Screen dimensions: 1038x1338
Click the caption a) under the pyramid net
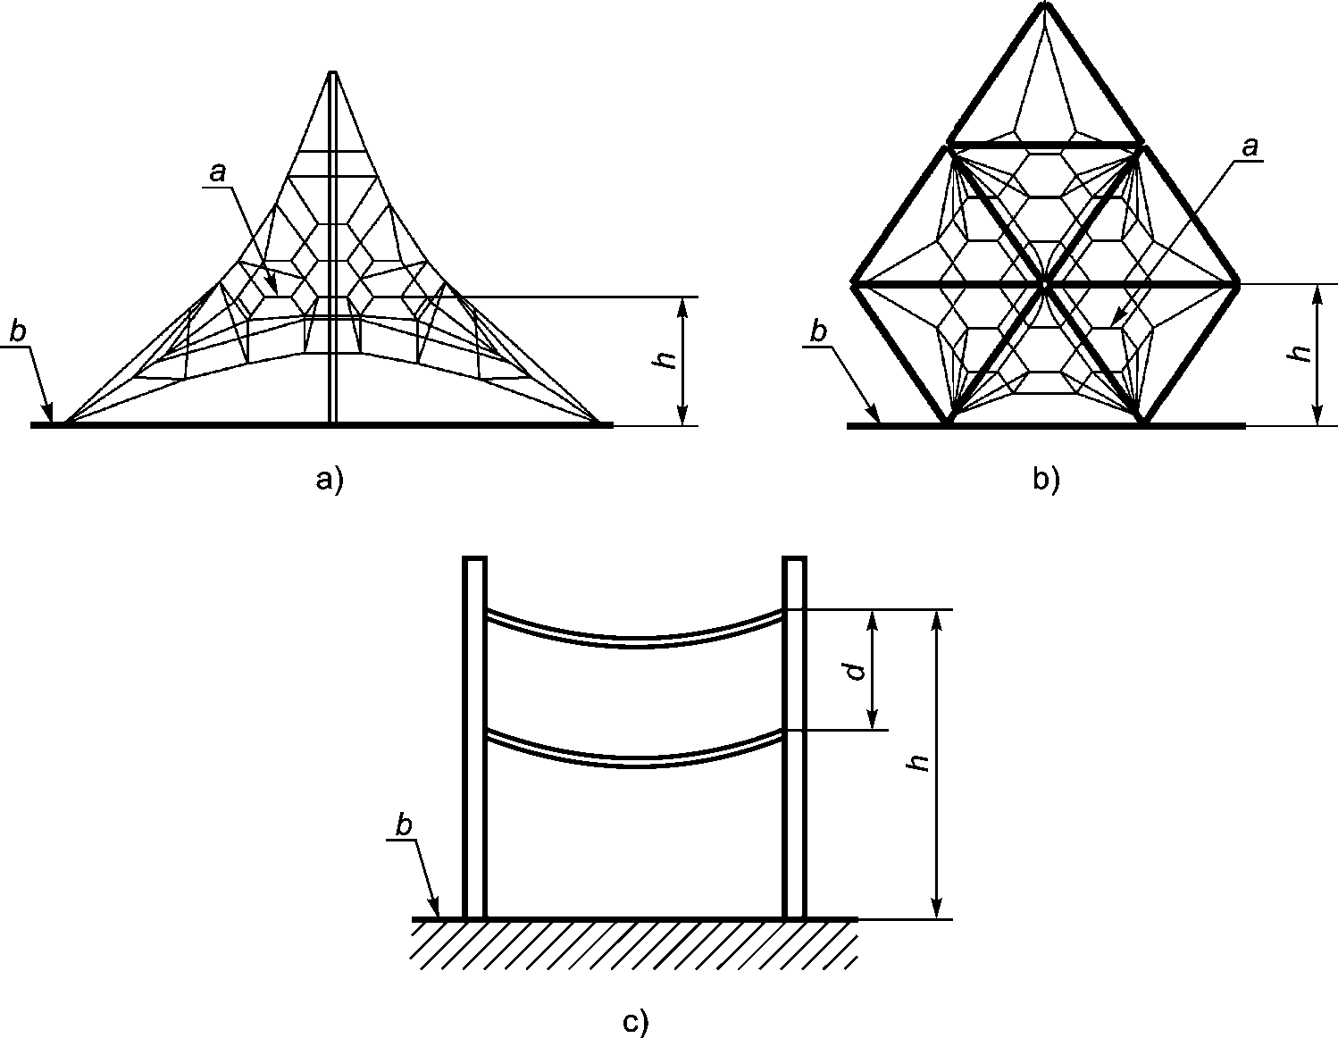tap(329, 481)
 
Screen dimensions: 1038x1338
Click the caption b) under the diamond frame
tap(1045, 481)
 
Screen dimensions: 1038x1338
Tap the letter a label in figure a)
tap(217, 172)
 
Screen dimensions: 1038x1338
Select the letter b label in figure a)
tap(18, 332)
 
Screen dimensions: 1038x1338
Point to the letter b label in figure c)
tap(405, 826)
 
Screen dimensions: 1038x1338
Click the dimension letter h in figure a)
tap(662, 360)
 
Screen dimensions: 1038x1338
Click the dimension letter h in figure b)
tap(1301, 354)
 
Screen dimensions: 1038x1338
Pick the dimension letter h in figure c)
tap(917, 762)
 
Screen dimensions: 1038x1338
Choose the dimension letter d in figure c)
tap(856, 670)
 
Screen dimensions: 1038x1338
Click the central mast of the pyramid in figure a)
tap(333, 268)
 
